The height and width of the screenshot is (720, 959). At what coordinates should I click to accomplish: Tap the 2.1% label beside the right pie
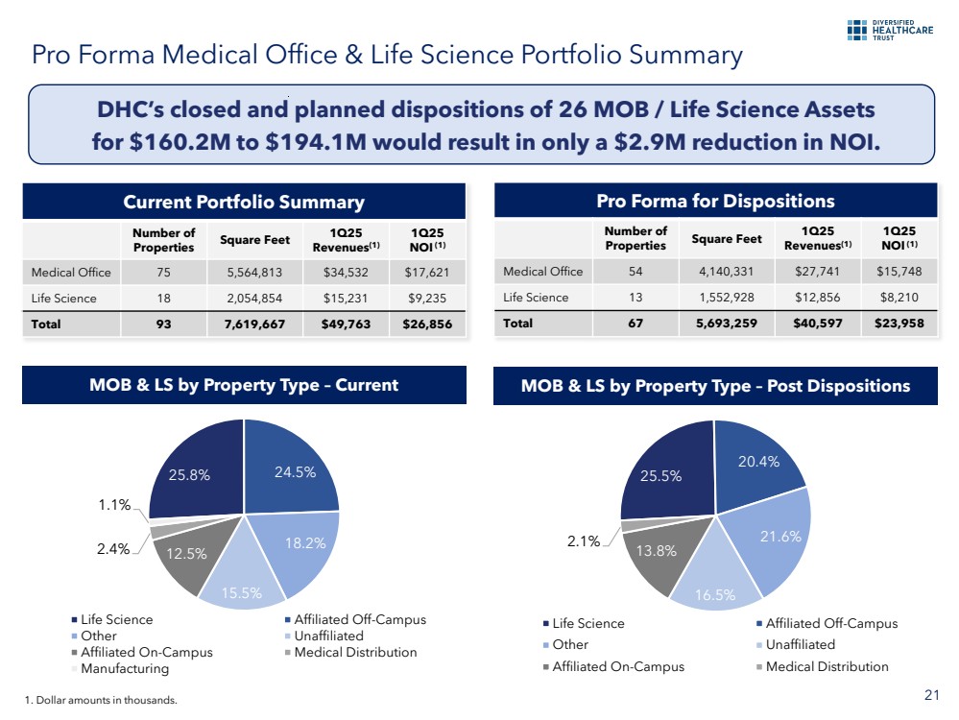pyautogui.click(x=583, y=541)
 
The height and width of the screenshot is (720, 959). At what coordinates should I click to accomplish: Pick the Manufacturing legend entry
pyautogui.click(x=124, y=667)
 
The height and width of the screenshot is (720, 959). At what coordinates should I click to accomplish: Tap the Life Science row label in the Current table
pyautogui.click(x=64, y=298)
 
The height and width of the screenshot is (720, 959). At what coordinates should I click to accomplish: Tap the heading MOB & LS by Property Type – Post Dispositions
pyautogui.click(x=714, y=386)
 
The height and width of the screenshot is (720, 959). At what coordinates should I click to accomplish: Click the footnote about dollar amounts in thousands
pyautogui.click(x=100, y=701)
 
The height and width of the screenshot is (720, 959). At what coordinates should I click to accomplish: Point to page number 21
pyautogui.click(x=929, y=696)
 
